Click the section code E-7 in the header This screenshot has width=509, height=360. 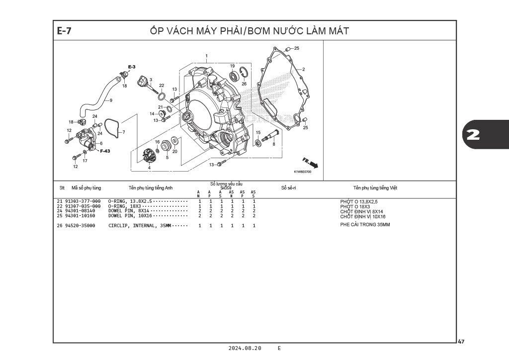tap(65, 31)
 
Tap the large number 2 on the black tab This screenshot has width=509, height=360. tap(473, 135)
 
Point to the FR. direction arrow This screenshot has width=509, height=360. tap(310, 163)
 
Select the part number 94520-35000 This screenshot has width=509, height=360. tap(83, 226)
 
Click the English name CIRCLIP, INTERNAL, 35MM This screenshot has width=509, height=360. tap(140, 226)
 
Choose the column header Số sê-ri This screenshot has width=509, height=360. tap(288, 188)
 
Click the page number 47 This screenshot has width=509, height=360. tap(461, 342)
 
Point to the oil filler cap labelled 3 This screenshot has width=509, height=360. tap(145, 81)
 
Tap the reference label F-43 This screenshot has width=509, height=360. tap(105, 151)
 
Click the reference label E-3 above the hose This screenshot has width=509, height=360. tap(132, 67)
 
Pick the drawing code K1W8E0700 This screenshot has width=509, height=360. tap(302, 172)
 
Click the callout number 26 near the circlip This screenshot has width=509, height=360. tap(244, 84)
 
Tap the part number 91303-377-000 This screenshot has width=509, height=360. tap(83, 201)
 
